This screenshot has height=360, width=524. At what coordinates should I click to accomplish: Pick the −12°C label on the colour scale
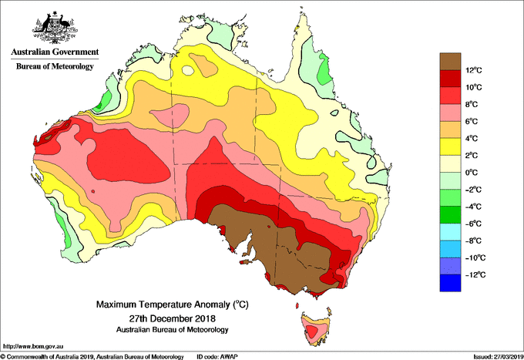point(475,274)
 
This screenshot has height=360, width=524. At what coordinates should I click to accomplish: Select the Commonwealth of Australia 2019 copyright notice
point(92,355)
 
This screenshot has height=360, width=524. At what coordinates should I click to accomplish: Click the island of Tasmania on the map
point(316,328)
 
